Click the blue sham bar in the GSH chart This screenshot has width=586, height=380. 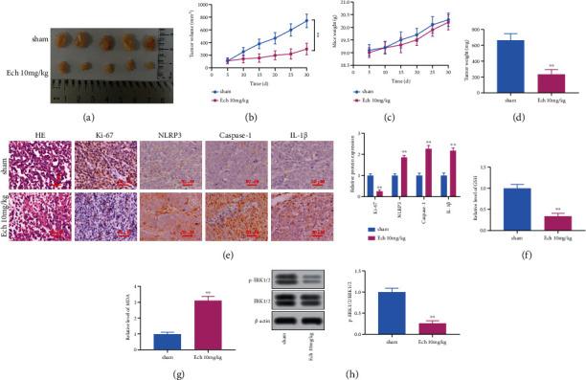(x=489, y=210)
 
